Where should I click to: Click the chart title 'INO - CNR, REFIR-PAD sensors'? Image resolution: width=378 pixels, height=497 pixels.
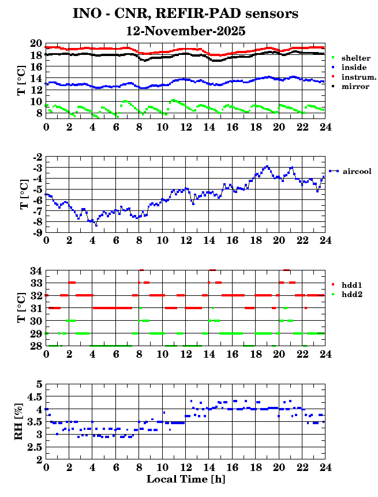pyautogui.click(x=186, y=13)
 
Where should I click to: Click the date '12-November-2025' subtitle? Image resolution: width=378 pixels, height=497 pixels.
pyautogui.click(x=186, y=31)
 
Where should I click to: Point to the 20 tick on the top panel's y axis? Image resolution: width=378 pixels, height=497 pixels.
pyautogui.click(x=35, y=44)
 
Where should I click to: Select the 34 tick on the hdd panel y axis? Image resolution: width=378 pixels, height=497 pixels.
pyautogui.click(x=35, y=270)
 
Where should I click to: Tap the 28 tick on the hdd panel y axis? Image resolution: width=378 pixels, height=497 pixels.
pyautogui.click(x=35, y=346)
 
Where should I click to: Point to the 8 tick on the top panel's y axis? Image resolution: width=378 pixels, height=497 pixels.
pyautogui.click(x=38, y=113)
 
